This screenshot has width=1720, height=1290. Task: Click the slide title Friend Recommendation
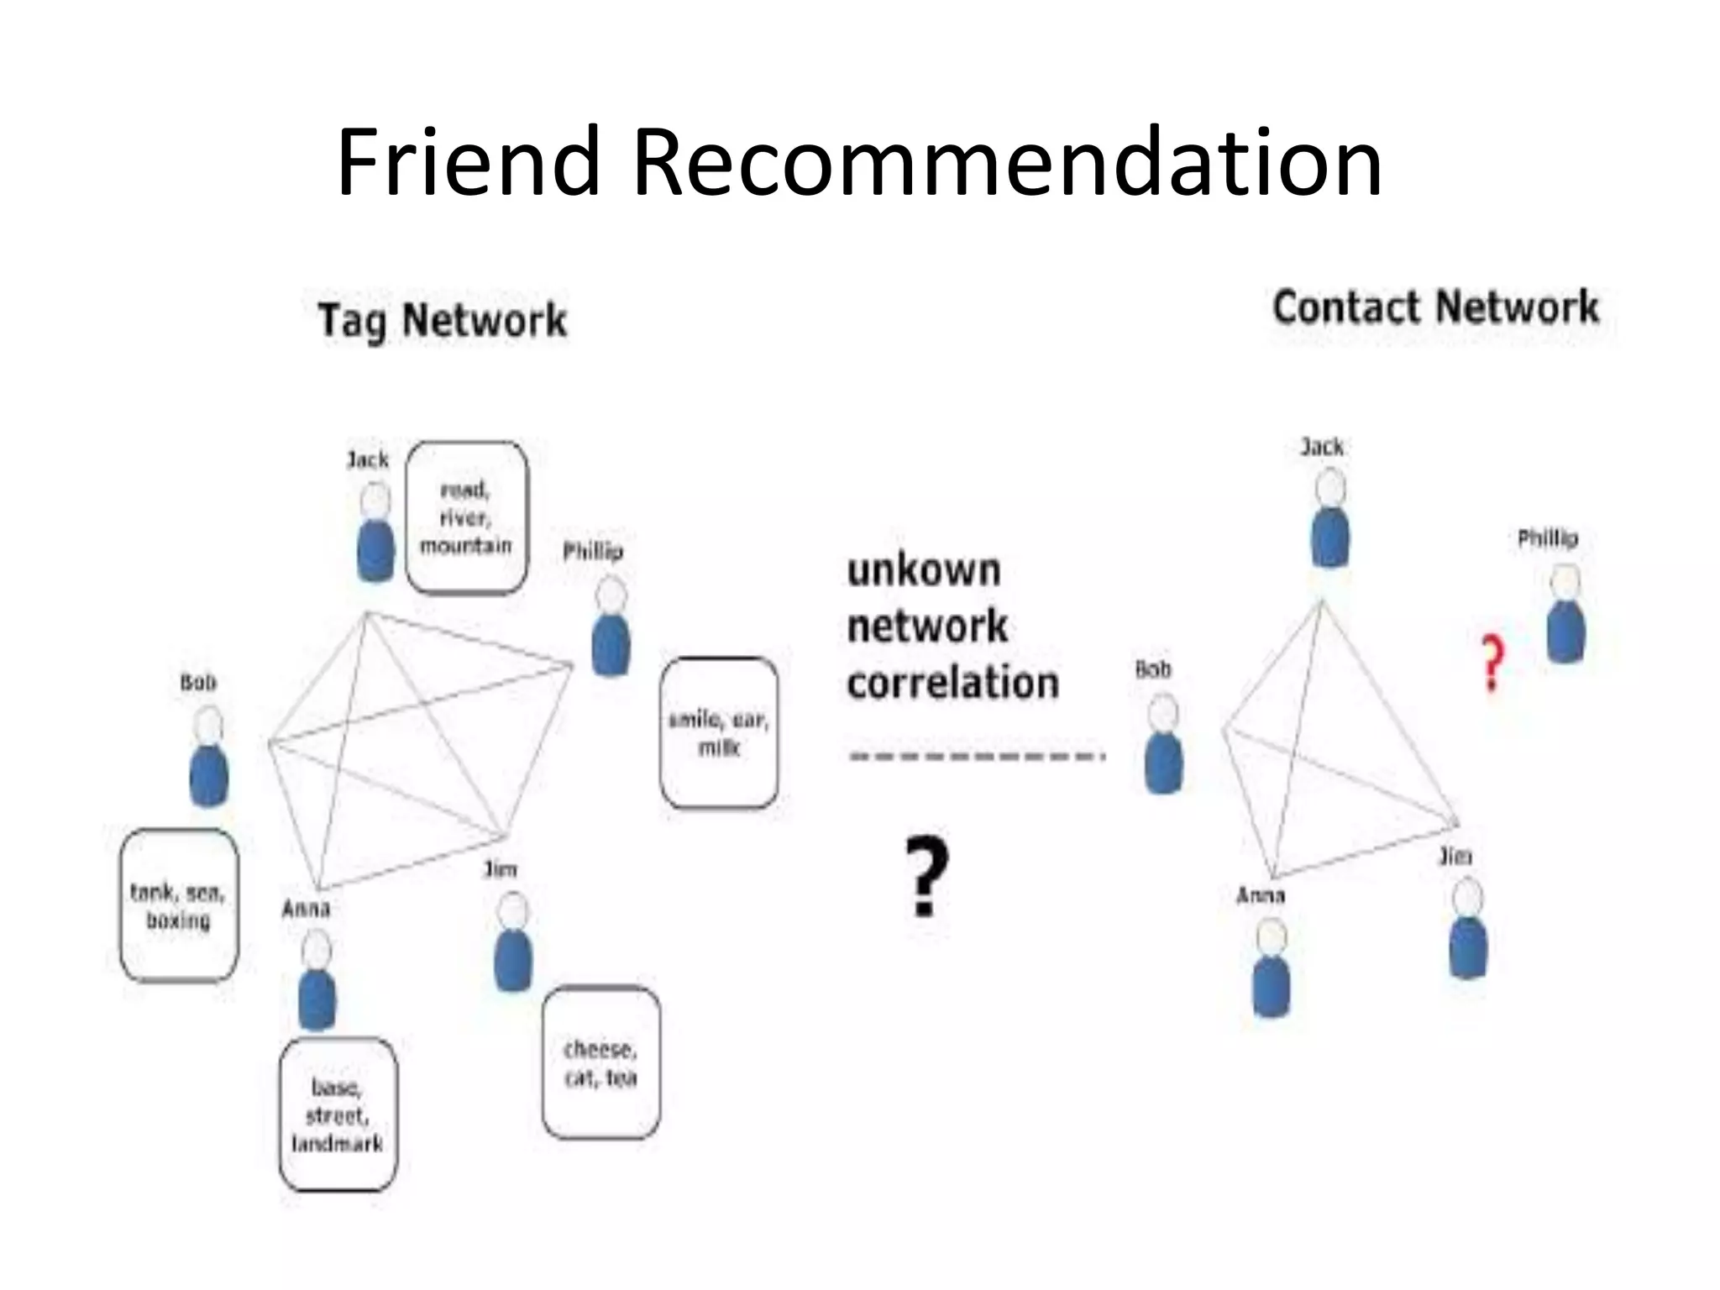859,162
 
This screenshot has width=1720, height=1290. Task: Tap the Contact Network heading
1435,307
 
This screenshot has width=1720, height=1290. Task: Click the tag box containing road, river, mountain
466,518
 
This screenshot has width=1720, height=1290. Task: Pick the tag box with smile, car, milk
719,733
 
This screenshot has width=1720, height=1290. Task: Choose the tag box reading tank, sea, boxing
178,905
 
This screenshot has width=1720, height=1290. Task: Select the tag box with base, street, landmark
338,1114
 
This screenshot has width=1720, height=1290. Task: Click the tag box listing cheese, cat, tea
600,1062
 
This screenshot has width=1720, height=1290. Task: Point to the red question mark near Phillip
1492,663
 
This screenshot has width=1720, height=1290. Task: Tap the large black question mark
926,877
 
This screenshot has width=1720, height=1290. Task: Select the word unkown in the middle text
924,571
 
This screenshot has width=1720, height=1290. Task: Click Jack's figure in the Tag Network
375,532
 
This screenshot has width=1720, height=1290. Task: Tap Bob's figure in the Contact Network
1164,744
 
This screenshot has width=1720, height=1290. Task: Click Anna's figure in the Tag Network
317,983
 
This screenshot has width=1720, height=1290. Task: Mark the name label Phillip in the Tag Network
593,552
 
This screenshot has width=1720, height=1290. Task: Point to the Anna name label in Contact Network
1260,896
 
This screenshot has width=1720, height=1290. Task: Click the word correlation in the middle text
953,683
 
